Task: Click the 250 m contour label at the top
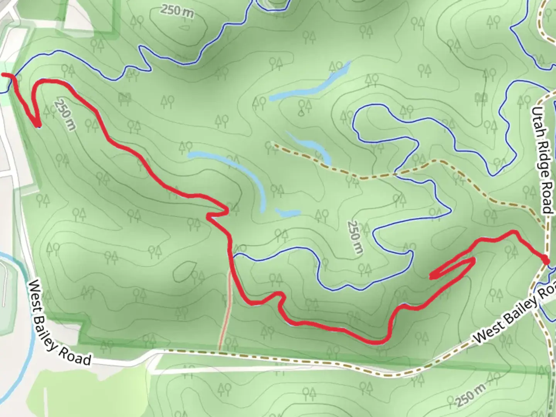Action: pyautogui.click(x=177, y=11)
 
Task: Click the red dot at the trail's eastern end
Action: pyautogui.click(x=545, y=261)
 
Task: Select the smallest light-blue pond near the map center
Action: pyautogui.click(x=288, y=212)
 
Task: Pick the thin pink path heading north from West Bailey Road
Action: pyautogui.click(x=225, y=309)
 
